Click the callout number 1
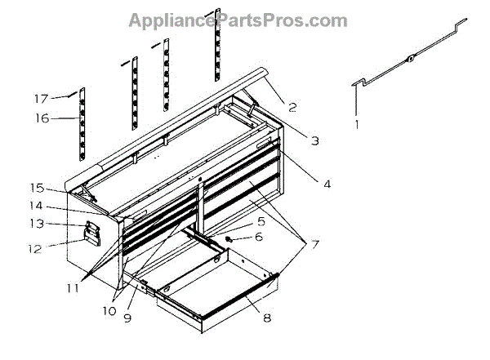pyautogui.click(x=356, y=125)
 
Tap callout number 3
pyautogui.click(x=315, y=140)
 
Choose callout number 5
pyautogui.click(x=261, y=220)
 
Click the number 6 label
pyautogui.click(x=260, y=238)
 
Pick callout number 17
pyautogui.click(x=42, y=99)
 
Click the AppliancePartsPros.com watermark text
pyautogui.click(x=237, y=20)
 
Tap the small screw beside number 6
pyautogui.click(x=230, y=239)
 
